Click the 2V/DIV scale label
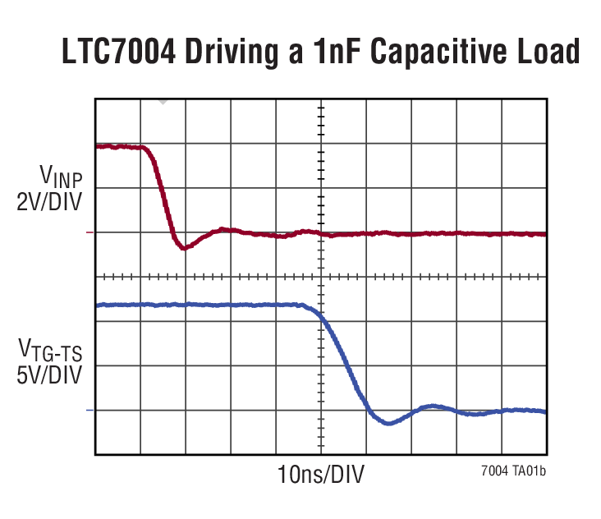click(50, 200)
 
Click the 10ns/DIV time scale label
click(321, 475)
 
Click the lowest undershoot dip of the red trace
click(185, 247)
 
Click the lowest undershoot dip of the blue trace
click(388, 423)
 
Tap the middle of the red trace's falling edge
click(165, 197)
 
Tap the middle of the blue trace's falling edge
click(344, 365)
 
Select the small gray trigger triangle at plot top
click(163, 102)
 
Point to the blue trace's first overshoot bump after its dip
click(432, 406)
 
